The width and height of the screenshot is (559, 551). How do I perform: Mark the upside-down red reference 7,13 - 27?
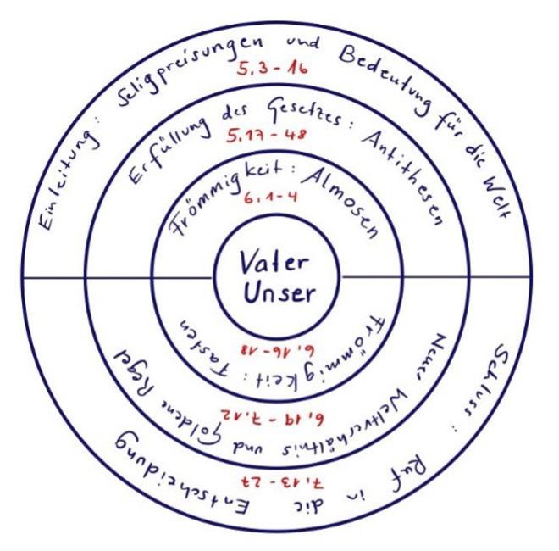tap(275, 483)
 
